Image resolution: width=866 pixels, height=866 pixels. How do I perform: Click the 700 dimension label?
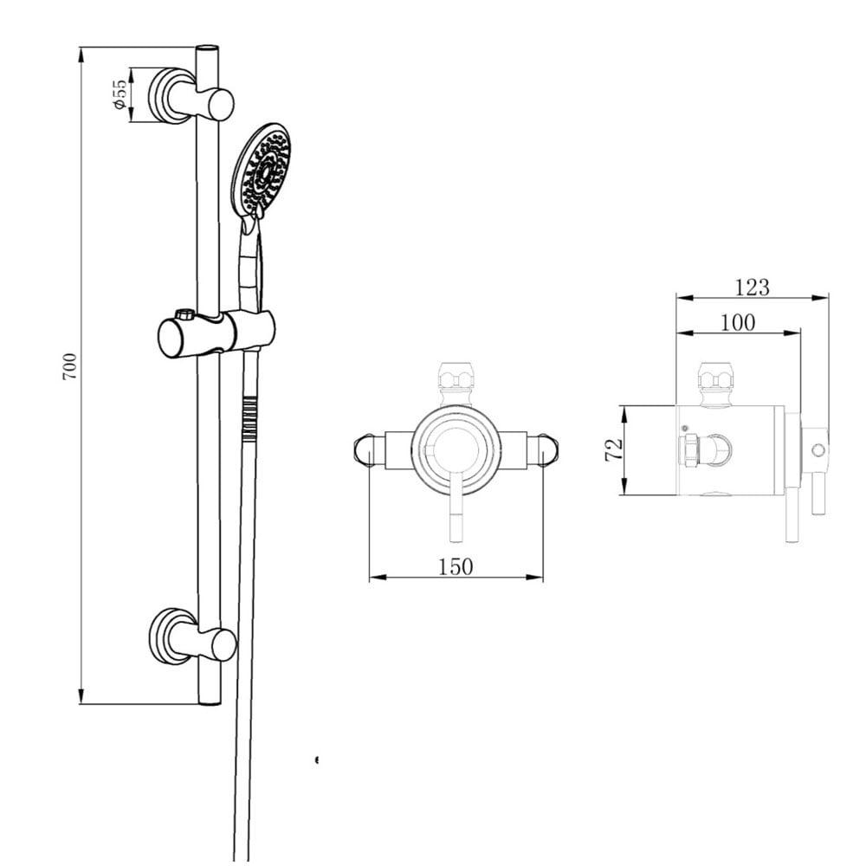(70, 366)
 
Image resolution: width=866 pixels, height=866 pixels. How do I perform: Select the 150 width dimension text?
(456, 566)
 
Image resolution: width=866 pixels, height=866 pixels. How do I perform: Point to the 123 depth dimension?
(752, 287)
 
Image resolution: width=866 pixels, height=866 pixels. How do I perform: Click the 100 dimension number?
(737, 323)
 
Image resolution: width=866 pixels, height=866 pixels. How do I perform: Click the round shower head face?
(262, 170)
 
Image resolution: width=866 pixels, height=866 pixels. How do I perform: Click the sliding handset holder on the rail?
(216, 333)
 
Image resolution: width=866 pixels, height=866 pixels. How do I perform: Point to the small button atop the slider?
(184, 313)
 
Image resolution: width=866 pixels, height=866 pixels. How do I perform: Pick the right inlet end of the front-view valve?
(548, 449)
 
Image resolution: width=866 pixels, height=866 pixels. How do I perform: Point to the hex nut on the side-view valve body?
(688, 450)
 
